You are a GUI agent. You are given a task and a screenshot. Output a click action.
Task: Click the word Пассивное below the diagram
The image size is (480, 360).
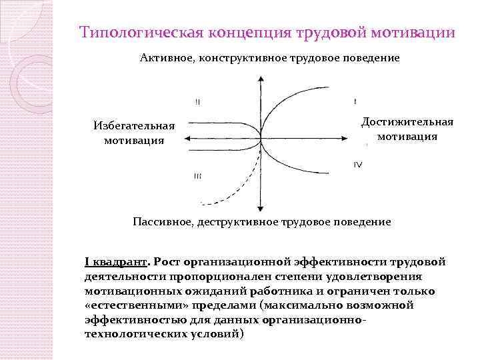162,221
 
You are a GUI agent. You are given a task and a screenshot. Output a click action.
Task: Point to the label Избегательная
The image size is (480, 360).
135,125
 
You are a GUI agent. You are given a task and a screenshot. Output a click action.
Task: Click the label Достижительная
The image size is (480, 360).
407,121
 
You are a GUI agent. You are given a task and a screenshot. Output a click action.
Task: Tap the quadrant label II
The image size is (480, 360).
198,102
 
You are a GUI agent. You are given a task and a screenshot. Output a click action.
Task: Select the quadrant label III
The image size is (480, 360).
198,175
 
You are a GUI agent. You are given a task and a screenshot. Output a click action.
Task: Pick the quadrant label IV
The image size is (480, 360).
358,164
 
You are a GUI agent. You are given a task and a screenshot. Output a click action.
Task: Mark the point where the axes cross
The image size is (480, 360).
259,139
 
